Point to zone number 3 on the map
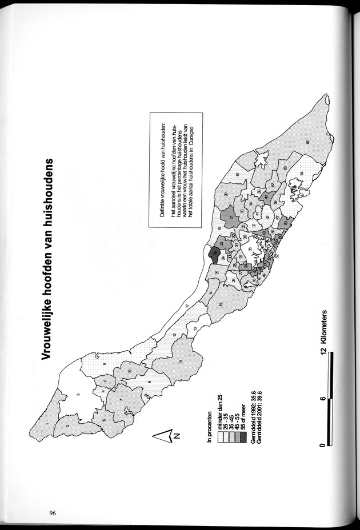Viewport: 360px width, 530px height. click(78, 395)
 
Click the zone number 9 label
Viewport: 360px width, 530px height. click(105, 364)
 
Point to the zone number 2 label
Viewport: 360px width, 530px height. click(67, 426)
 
